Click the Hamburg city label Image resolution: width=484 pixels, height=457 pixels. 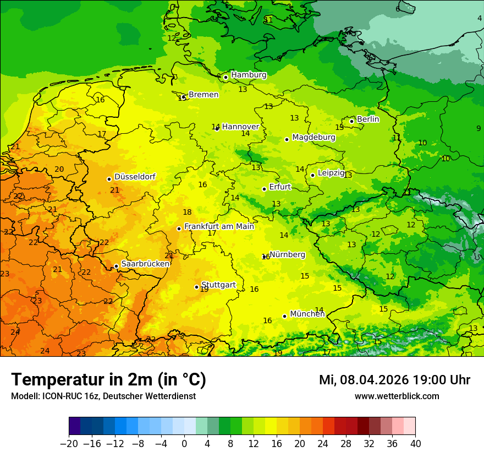tap(249, 75)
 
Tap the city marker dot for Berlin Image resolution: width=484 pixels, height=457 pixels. tap(352, 121)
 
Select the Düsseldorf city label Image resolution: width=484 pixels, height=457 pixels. tap(135, 177)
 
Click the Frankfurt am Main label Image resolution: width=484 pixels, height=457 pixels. tap(219, 226)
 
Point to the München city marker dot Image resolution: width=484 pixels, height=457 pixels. tap(284, 316)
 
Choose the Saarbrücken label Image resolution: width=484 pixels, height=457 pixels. tap(145, 264)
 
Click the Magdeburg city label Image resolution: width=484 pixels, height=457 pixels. tap(313, 137)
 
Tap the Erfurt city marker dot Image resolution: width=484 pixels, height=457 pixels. tap(264, 189)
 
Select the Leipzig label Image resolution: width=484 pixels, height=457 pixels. tap(331, 173)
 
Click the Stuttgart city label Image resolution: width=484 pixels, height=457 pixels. tap(218, 285)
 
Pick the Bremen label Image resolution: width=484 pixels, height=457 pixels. tap(204, 95)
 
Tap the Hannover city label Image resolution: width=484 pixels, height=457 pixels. tap(240, 127)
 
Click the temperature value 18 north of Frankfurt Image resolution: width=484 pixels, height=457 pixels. tap(187, 212)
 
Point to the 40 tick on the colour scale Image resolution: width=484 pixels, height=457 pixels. tap(415, 444)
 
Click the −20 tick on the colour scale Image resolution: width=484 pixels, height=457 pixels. tap(69, 444)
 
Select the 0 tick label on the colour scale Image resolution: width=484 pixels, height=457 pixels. tap(184, 444)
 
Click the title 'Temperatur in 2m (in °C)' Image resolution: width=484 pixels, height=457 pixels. tap(108, 380)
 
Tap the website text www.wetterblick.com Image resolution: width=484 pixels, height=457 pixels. tap(397, 396)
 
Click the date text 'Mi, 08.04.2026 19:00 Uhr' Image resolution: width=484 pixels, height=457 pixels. tap(394, 380)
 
